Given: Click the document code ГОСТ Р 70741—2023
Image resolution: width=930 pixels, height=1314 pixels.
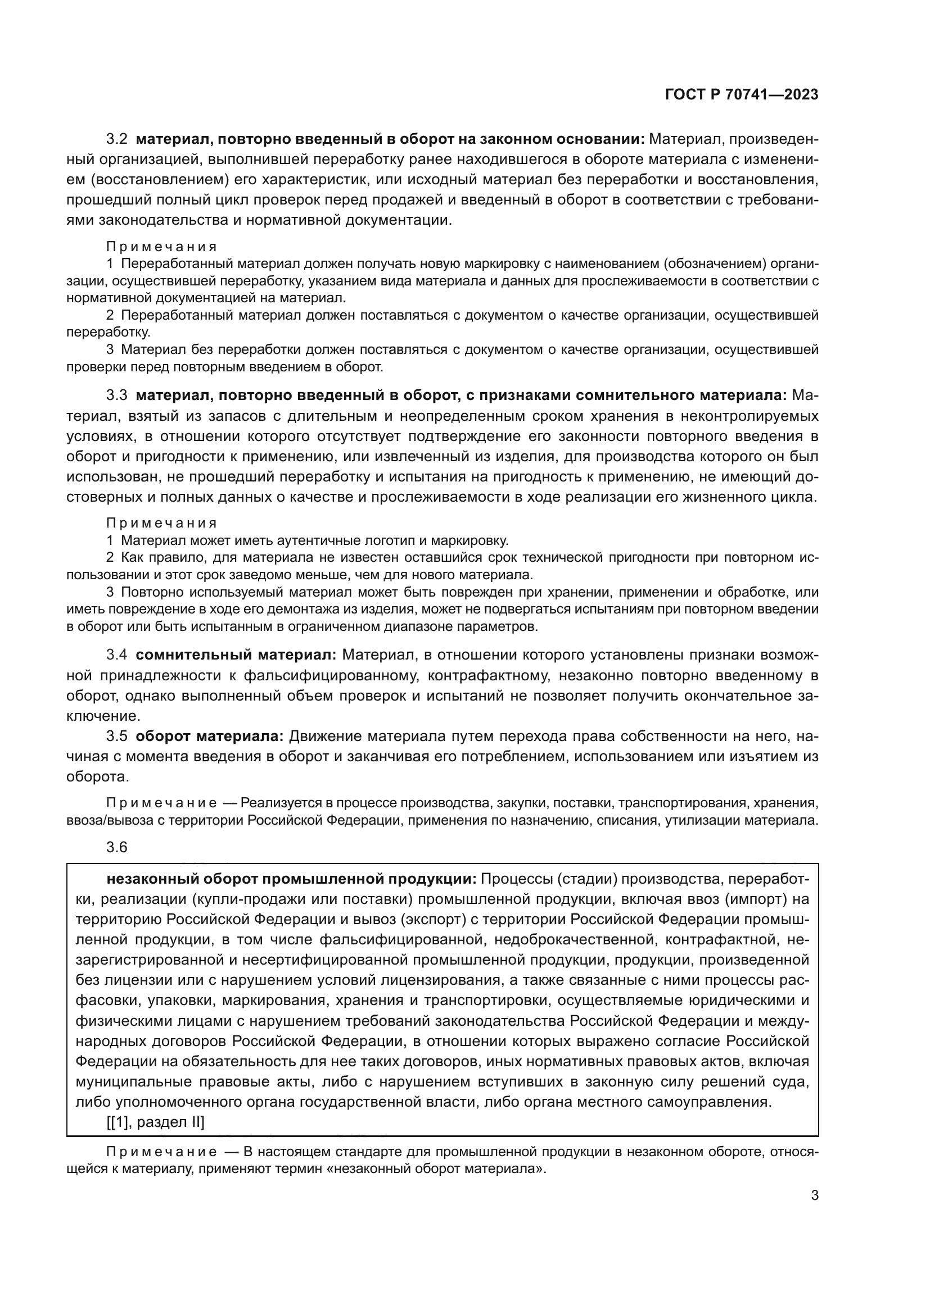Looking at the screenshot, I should click(x=741, y=95).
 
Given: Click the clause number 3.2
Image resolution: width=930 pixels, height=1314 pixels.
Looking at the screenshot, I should click(x=118, y=139).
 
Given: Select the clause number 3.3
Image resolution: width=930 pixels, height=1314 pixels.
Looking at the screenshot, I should click(x=118, y=395).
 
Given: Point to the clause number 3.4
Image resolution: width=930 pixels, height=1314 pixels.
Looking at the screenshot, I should click(x=118, y=654).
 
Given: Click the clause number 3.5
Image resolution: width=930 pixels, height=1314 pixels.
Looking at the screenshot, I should click(x=118, y=736).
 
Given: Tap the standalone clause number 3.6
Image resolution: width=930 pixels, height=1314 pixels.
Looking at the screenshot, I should click(x=117, y=847).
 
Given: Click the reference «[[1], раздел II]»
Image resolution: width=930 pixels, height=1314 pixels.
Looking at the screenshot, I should click(x=155, y=1122).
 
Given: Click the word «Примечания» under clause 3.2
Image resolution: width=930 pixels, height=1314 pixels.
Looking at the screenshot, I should click(x=161, y=247).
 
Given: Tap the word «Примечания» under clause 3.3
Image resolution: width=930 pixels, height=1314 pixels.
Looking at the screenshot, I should click(x=161, y=523).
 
